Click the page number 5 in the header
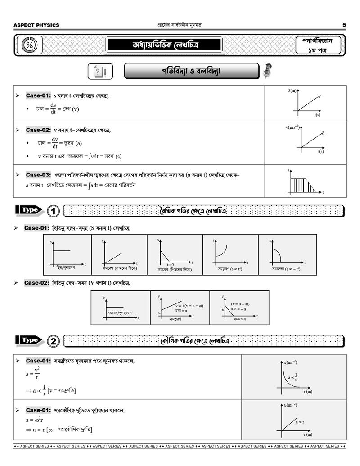344,25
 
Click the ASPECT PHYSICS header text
36,25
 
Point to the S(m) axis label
292,91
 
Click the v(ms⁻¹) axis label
292,127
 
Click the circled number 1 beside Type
53,211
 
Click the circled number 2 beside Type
53,341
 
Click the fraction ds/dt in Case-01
53,109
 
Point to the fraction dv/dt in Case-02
55,143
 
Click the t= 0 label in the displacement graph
170,264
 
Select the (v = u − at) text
240,304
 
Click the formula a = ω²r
34,420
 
